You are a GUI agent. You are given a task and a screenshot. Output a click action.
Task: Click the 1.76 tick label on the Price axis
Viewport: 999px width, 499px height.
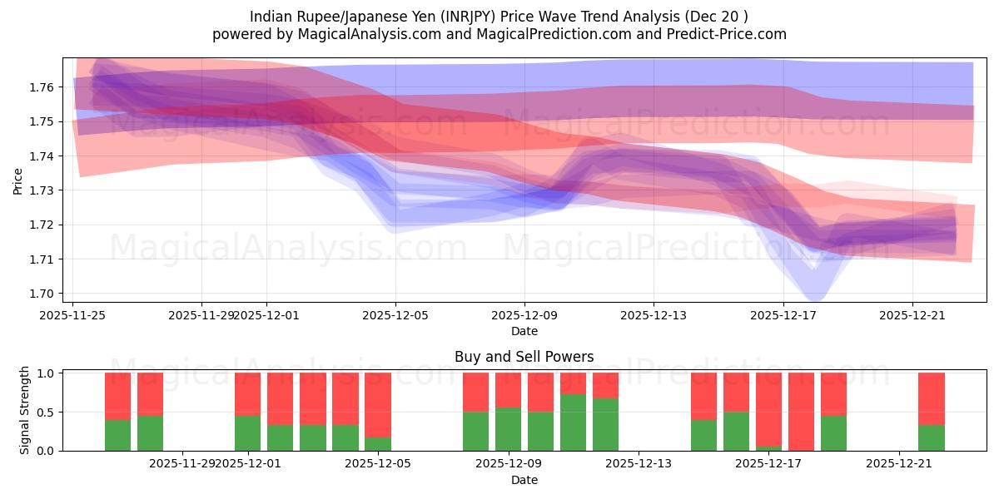(43, 87)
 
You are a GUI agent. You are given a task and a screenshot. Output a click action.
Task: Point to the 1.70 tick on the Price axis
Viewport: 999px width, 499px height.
(43, 294)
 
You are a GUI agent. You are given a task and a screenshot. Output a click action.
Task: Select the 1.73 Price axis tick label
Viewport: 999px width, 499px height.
(43, 190)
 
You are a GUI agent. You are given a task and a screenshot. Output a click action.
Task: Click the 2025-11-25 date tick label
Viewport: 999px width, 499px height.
(73, 315)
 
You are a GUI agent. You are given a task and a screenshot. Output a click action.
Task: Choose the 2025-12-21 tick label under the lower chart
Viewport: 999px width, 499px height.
(899, 464)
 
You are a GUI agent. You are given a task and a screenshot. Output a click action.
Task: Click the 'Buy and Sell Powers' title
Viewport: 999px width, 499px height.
(524, 357)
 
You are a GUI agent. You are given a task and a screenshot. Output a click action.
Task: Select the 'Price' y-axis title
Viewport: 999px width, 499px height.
(18, 180)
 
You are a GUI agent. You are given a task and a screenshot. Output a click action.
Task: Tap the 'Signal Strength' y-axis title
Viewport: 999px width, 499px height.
(25, 410)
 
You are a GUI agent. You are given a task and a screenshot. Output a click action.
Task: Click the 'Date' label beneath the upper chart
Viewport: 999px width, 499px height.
(524, 331)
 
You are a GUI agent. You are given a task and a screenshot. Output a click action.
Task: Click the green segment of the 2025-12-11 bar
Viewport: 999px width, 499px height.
(573, 422)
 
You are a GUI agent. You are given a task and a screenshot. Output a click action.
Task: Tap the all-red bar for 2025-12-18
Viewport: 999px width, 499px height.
(801, 412)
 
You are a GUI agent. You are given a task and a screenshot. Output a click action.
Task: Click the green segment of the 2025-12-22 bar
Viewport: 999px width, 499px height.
(931, 438)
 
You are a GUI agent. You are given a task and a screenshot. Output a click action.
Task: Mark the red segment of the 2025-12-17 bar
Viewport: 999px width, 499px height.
(768, 409)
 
